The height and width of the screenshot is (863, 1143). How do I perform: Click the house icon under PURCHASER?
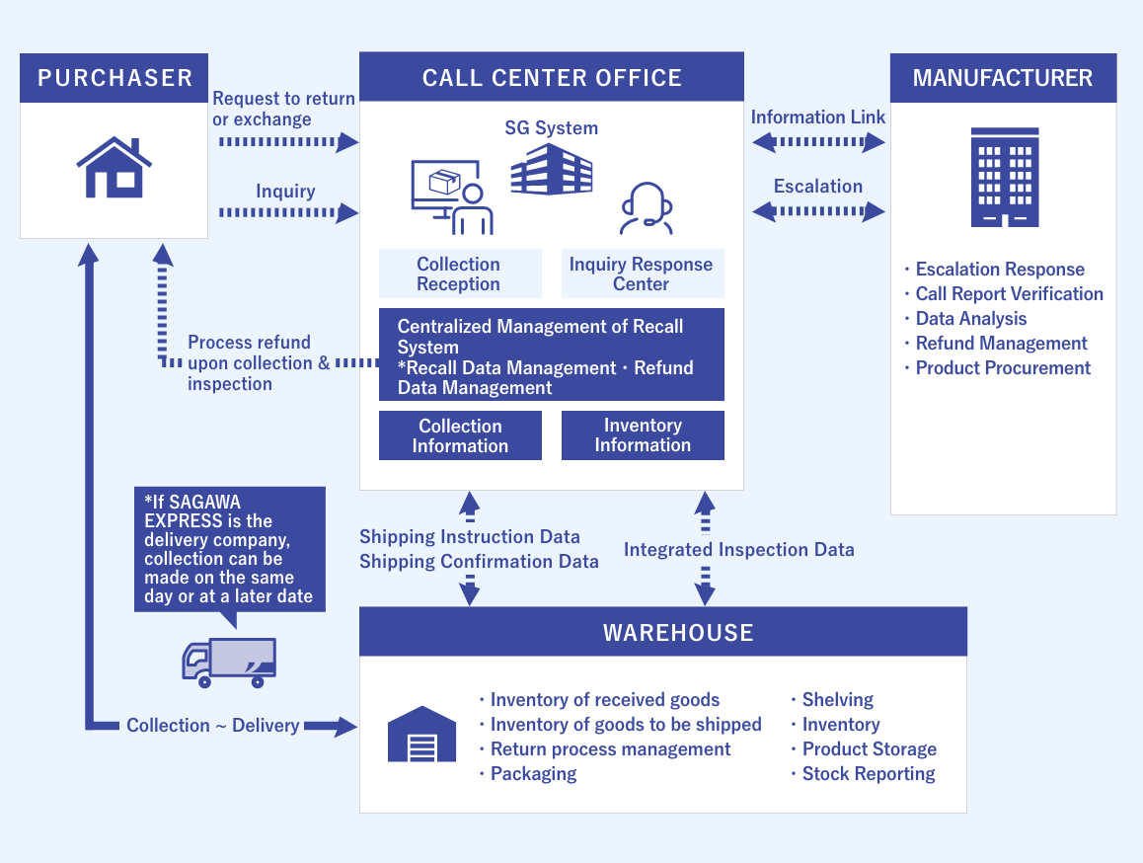[114, 168]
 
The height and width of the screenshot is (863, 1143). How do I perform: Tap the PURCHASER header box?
[114, 78]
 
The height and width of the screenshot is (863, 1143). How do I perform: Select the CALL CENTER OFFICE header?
[551, 78]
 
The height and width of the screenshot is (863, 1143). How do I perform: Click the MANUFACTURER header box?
[1003, 78]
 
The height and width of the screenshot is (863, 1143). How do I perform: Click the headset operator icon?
[646, 208]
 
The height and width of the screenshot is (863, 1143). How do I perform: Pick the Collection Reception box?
[459, 274]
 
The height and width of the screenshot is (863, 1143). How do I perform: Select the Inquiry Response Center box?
[642, 274]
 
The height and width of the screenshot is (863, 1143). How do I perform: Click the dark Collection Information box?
[460, 435]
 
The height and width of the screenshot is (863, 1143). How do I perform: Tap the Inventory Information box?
[643, 435]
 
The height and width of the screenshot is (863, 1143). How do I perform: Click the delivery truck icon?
[229, 663]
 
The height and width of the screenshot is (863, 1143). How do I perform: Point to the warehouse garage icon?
[422, 735]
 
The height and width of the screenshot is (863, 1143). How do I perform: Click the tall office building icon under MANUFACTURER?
[1005, 178]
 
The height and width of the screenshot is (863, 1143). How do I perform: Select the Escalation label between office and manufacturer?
[817, 186]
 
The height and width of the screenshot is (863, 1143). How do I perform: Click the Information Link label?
[817, 118]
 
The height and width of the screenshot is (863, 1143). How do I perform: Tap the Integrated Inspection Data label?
[738, 550]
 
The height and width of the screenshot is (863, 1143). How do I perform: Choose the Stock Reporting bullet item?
[868, 774]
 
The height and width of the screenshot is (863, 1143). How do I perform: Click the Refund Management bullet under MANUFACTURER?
[1000, 344]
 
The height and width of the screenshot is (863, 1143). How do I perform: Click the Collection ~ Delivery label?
[212, 726]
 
